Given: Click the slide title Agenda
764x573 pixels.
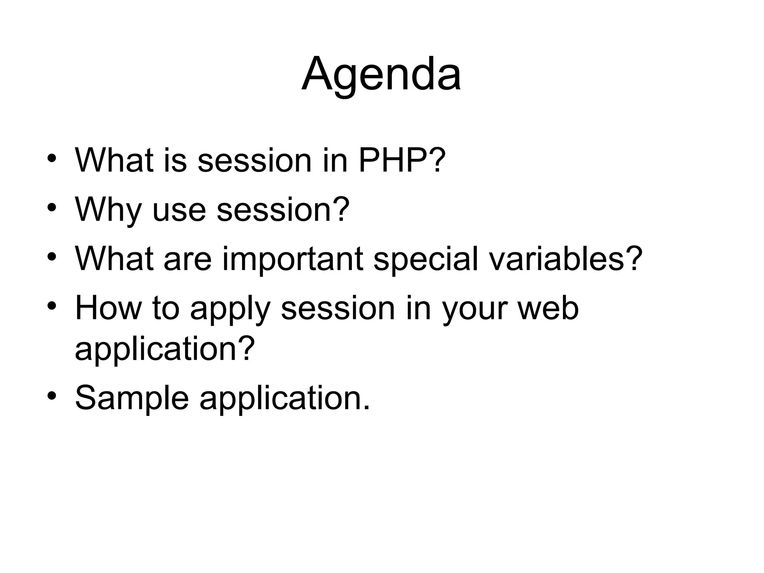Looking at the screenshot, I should pyautogui.click(x=381, y=75).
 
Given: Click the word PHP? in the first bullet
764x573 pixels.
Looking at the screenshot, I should pyautogui.click(x=402, y=160).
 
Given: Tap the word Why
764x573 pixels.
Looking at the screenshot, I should pyautogui.click(x=108, y=210).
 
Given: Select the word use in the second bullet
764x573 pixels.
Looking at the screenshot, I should pyautogui.click(x=179, y=210).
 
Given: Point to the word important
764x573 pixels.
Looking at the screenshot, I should pyautogui.click(x=292, y=259).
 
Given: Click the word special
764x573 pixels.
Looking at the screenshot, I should pyautogui.click(x=426, y=259).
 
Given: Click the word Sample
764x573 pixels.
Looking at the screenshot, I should pyautogui.click(x=132, y=398).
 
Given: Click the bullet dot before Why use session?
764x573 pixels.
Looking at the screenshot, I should pyautogui.click(x=52, y=207).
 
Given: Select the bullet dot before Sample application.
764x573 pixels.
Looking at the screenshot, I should pyautogui.click(x=52, y=395).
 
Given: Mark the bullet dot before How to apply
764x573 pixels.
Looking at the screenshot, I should pyautogui.click(x=52, y=306).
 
